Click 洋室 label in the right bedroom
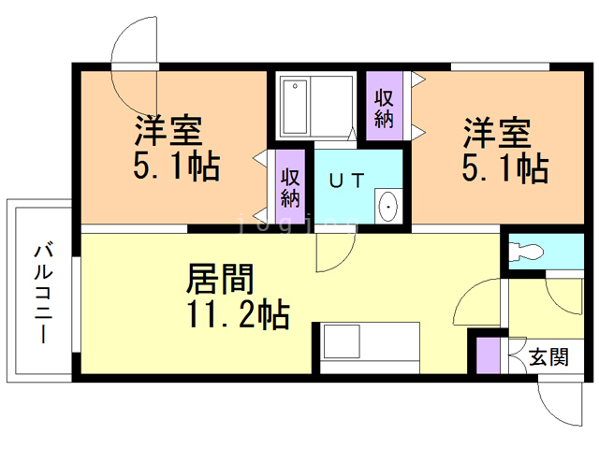[x=497, y=132]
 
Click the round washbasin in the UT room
[x=387, y=206]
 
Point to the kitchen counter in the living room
[x=369, y=347]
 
